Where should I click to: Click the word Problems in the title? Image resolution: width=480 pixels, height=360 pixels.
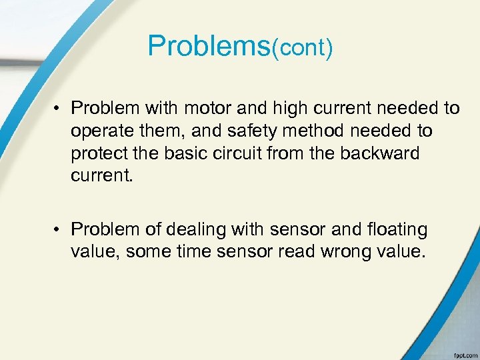tap(209, 45)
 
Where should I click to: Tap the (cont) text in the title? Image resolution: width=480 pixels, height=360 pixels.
tap(301, 48)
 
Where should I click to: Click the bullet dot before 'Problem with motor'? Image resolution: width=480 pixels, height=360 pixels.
tap(60, 109)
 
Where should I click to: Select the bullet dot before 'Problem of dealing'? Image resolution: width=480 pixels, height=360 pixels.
tap(60, 230)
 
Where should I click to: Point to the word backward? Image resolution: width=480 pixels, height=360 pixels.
tap(380, 153)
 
